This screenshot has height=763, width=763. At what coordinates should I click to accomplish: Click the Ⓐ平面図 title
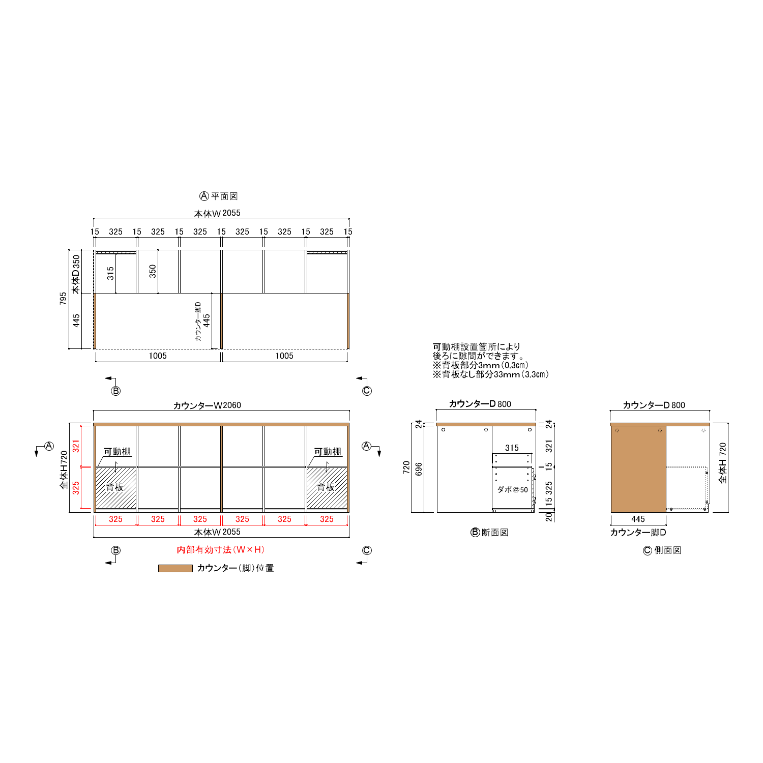219,196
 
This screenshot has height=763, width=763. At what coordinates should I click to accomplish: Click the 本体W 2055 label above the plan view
217,213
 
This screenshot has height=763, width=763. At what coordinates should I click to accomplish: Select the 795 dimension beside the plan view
63,299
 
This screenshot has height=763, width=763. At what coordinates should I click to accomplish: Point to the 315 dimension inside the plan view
110,273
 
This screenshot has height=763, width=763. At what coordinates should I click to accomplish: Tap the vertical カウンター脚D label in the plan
198,321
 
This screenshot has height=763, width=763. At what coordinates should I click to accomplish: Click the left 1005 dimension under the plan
158,356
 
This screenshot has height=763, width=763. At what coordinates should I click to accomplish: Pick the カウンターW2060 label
207,405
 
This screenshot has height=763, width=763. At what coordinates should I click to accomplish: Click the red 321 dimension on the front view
76,446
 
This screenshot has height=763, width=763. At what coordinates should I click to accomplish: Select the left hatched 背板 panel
116,488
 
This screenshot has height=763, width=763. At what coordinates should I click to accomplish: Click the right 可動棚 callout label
328,452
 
